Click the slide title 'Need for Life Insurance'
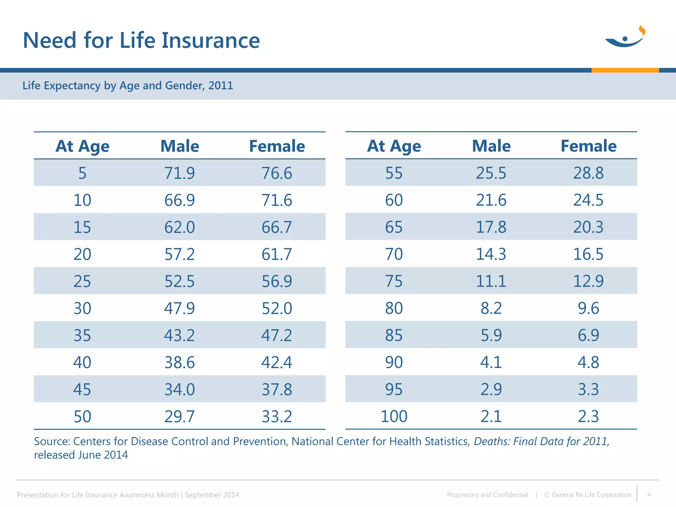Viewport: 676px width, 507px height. click(x=141, y=40)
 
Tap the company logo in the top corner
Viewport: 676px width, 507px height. click(x=625, y=37)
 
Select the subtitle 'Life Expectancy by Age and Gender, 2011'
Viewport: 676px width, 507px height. click(x=128, y=85)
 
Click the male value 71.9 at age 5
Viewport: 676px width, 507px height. click(x=180, y=173)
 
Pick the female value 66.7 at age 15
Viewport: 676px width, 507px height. click(x=277, y=227)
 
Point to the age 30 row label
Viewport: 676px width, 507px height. click(x=82, y=308)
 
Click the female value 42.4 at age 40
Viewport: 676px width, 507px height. click(x=277, y=362)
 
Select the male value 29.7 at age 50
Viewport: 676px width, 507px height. click(x=180, y=417)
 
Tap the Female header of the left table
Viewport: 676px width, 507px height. click(x=277, y=146)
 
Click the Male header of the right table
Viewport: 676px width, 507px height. click(x=491, y=146)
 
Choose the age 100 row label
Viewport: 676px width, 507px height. click(x=394, y=416)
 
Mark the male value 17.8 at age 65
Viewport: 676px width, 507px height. click(x=491, y=227)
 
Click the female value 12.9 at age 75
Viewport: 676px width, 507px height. click(x=588, y=281)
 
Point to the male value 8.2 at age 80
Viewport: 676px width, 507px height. click(x=491, y=308)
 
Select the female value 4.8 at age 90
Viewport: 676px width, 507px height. click(x=588, y=362)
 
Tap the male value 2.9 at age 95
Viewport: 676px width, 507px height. click(x=491, y=389)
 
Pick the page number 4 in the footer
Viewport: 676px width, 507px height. click(x=649, y=495)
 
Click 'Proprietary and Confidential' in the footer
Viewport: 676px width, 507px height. click(x=487, y=495)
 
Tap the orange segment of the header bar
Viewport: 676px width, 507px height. click(x=625, y=70)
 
